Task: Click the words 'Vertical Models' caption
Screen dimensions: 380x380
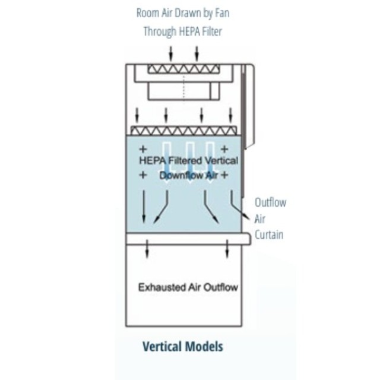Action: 183,346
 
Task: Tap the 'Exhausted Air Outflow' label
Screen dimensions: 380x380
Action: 188,287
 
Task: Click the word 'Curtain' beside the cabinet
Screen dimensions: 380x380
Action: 269,235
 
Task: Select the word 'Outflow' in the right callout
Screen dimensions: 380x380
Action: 271,202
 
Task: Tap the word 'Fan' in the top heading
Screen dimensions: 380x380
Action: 222,13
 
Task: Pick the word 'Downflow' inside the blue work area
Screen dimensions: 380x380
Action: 181,175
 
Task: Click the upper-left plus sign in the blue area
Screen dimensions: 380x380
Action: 143,149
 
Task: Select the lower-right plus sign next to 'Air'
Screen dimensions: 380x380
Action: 224,175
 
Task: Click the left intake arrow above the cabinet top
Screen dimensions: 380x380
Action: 171,53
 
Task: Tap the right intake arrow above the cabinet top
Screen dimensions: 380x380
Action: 197,53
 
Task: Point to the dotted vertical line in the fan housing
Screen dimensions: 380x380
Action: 183,89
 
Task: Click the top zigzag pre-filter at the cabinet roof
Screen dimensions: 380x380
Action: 184,69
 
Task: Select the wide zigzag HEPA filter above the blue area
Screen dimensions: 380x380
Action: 183,131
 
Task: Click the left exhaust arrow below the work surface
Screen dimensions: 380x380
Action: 147,249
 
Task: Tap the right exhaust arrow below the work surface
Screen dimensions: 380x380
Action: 227,249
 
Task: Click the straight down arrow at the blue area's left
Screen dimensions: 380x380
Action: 144,207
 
